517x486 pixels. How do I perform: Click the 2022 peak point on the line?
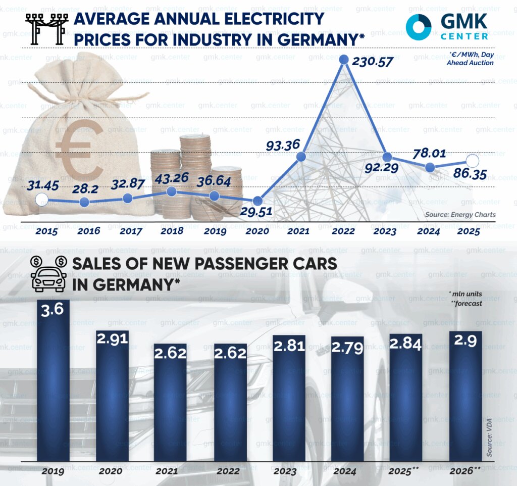point(344,60)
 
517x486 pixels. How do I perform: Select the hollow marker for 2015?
point(42,200)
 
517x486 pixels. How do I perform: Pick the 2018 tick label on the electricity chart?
point(171,231)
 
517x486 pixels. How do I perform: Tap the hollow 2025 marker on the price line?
point(473,161)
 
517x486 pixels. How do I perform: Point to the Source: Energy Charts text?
point(460,215)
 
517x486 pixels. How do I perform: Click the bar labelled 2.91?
point(113,396)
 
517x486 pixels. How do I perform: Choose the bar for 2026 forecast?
point(466,396)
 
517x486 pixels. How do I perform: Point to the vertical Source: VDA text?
point(489,438)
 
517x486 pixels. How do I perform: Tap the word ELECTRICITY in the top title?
point(268,20)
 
